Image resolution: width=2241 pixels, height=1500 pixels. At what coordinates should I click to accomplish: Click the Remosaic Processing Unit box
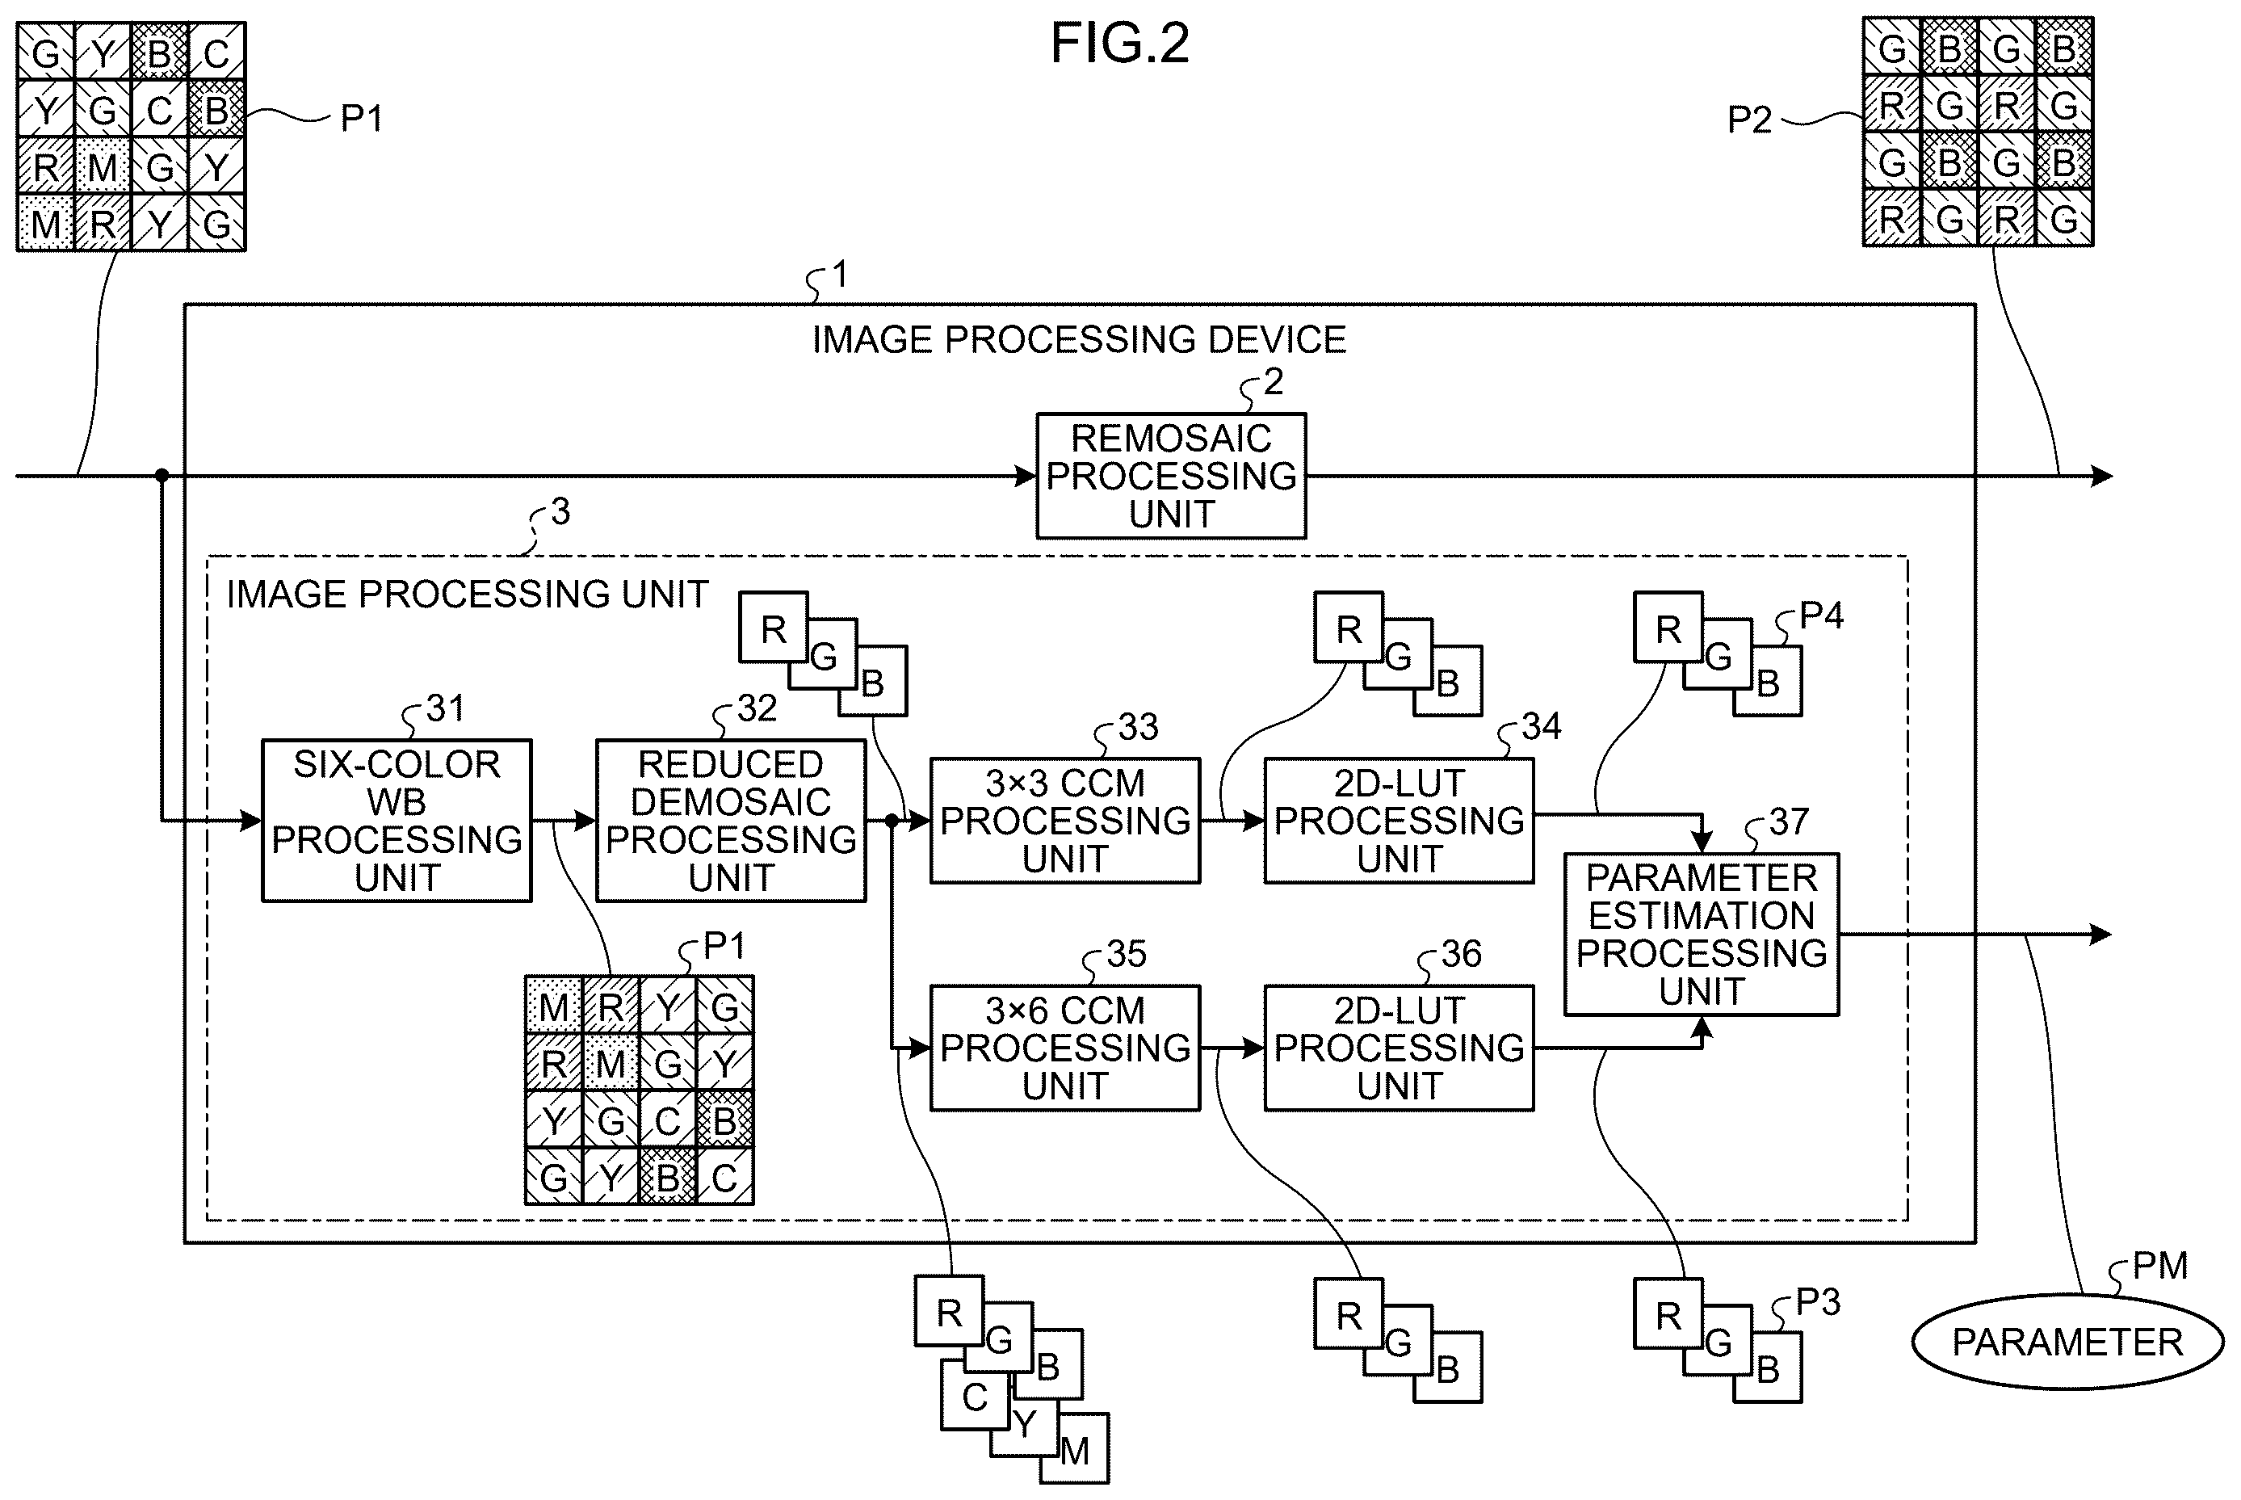(1171, 476)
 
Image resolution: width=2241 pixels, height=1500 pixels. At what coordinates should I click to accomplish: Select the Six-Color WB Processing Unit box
(397, 820)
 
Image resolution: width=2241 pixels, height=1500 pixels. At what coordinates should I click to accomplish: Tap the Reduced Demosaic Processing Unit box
(731, 820)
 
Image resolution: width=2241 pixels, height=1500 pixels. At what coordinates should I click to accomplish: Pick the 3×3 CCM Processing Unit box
(1064, 820)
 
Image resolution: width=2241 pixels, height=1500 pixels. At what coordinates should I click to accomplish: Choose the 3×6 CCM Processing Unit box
(1064, 1048)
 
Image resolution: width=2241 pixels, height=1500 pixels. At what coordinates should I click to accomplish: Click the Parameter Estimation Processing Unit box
(1702, 934)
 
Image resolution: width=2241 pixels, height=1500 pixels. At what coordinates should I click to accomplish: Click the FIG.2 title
(1120, 43)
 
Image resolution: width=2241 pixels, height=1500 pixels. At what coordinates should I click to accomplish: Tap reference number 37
(1789, 821)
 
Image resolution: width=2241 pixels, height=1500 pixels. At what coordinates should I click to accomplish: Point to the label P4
(1821, 616)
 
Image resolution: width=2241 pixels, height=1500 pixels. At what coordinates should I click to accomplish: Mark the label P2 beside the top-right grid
(1749, 120)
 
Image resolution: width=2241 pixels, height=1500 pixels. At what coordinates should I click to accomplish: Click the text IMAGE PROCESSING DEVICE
(1079, 339)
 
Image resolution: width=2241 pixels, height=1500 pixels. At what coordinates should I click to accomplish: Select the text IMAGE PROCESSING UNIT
(467, 594)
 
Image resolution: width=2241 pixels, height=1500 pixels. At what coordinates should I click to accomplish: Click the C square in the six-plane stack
(975, 1397)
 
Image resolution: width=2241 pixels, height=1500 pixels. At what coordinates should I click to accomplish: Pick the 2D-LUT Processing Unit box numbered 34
(1399, 820)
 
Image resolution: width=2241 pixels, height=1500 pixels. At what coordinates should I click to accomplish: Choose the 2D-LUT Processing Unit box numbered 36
(1399, 1048)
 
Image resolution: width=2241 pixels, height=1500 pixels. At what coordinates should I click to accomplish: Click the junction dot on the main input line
(162, 476)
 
